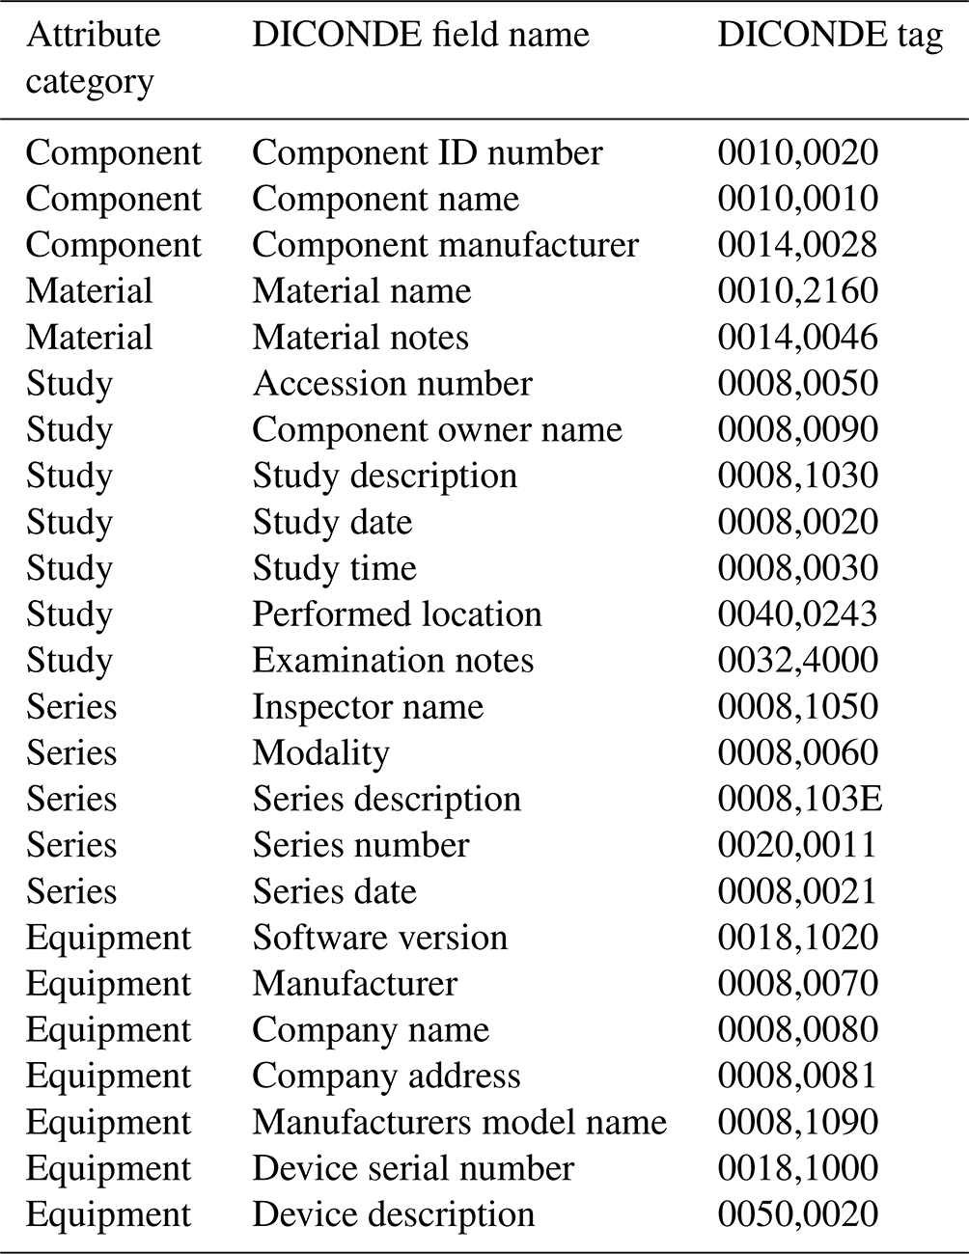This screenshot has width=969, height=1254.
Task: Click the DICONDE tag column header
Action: (x=830, y=36)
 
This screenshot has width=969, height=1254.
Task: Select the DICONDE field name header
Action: (x=420, y=36)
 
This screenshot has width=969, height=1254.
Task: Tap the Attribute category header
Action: (x=93, y=58)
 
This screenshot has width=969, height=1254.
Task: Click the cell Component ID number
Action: (x=427, y=152)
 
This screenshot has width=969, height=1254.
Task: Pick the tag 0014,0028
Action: (x=797, y=245)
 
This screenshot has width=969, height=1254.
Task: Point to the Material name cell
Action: (x=361, y=291)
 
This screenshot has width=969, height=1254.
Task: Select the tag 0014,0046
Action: (x=797, y=338)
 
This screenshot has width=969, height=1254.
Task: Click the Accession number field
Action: (x=392, y=384)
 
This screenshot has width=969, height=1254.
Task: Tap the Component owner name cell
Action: (x=436, y=430)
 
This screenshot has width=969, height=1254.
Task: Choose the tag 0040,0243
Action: (x=797, y=614)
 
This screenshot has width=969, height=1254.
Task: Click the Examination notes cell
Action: (x=393, y=661)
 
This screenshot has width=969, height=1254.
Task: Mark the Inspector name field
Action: (x=368, y=707)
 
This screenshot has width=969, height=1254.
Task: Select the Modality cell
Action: (x=320, y=753)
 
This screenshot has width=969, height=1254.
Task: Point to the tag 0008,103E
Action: (x=799, y=800)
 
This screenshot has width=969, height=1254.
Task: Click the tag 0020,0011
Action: (x=797, y=846)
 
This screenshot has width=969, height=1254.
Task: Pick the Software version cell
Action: (x=379, y=938)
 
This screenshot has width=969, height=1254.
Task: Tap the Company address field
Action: (x=386, y=1077)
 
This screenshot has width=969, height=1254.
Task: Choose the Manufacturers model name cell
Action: (x=459, y=1123)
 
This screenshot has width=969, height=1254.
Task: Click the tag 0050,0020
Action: (x=797, y=1214)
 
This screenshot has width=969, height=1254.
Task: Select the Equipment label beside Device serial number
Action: (x=108, y=1169)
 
